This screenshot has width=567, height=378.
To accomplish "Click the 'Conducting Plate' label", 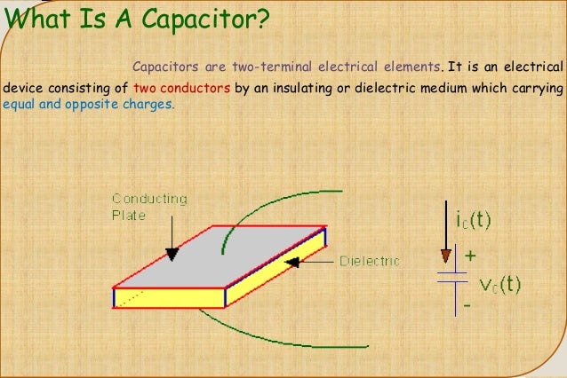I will pyautogui.click(x=148, y=207).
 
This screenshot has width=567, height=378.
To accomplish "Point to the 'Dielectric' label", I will pyautogui.click(x=370, y=261).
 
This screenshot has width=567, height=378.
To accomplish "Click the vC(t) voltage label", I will pyautogui.click(x=500, y=286).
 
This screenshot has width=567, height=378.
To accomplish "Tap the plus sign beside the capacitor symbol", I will pyautogui.click(x=470, y=255).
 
